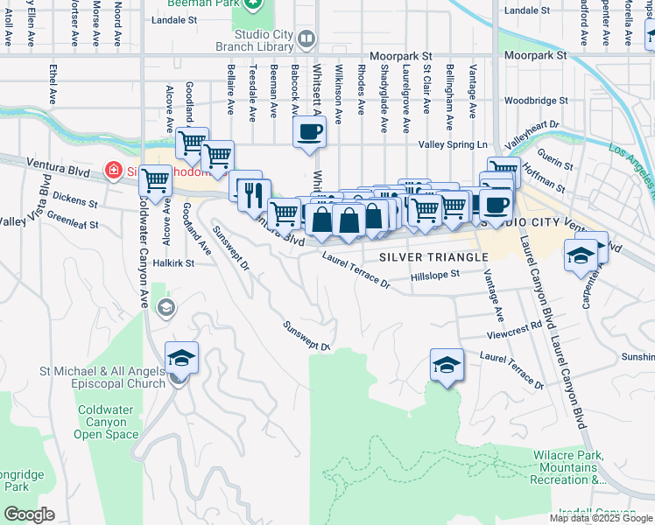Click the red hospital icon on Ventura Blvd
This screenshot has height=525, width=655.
pos(112,169)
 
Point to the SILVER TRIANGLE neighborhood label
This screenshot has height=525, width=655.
pos(433,256)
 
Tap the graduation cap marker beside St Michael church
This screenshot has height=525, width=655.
pos(181,358)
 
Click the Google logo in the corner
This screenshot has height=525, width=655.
pos(30,514)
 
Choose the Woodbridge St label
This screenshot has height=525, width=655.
pos(536,100)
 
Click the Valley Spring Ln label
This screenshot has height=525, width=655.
pos(453,143)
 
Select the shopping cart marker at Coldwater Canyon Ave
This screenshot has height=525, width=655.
pos(155,181)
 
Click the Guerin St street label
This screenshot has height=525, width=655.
pos(554,163)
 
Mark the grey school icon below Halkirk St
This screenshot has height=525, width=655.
pos(166,307)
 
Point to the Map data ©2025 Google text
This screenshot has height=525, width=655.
pos(601,518)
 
